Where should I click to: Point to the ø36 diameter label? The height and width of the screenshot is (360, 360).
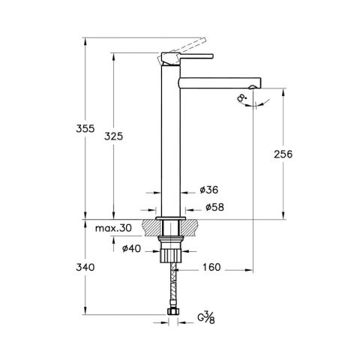[x=209, y=191]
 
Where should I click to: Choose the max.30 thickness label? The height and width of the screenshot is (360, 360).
[x=114, y=227]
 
